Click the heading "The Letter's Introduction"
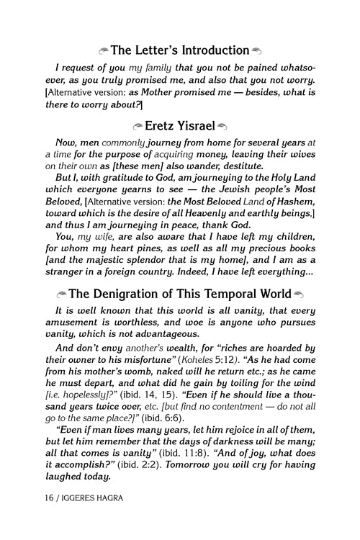pyautogui.click(x=180, y=50)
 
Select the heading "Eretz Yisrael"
pyautogui.click(x=180, y=125)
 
